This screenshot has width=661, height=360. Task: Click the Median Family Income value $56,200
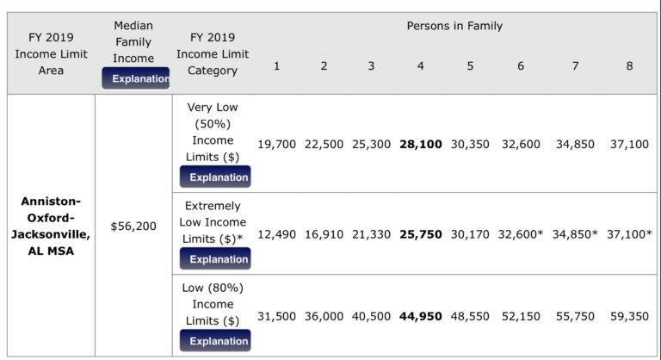133,226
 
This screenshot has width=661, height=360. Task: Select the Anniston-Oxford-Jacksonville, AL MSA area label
51,226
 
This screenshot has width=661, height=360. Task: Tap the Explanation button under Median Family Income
135,78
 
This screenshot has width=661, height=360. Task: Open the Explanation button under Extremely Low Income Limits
215,258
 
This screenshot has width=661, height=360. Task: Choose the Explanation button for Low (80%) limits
215,341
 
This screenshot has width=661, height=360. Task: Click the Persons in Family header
454,26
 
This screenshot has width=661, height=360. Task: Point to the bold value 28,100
421,144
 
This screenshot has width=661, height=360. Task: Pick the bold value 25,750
421,234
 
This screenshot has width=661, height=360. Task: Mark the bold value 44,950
421,316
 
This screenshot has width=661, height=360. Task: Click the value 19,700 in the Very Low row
275,144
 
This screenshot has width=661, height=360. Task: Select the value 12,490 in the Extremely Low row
275,234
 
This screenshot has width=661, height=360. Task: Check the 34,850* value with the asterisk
576,234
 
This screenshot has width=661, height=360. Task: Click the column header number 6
521,65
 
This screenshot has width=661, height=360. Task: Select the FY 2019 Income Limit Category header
213,54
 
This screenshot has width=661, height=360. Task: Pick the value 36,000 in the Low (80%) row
324,316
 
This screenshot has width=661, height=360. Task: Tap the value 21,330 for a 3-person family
372,234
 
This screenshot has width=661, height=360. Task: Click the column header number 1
276,65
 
